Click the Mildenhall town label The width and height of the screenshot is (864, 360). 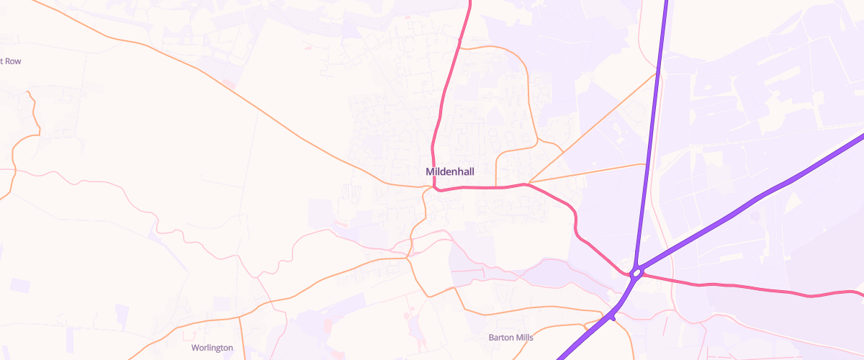[x=450, y=172]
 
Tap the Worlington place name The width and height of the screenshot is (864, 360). [x=212, y=348]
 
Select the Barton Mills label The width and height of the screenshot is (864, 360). [x=511, y=337]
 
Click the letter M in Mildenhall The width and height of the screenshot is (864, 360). [x=430, y=172]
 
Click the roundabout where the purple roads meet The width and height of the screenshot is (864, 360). [x=636, y=273]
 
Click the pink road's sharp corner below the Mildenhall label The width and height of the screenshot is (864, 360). [x=436, y=189]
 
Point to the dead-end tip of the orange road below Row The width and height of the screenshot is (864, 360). [x=27, y=92]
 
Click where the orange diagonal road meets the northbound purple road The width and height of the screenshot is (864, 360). [x=657, y=72]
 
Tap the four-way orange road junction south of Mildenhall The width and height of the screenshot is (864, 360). [x=408, y=256]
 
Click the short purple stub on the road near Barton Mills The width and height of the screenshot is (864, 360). [x=613, y=317]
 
